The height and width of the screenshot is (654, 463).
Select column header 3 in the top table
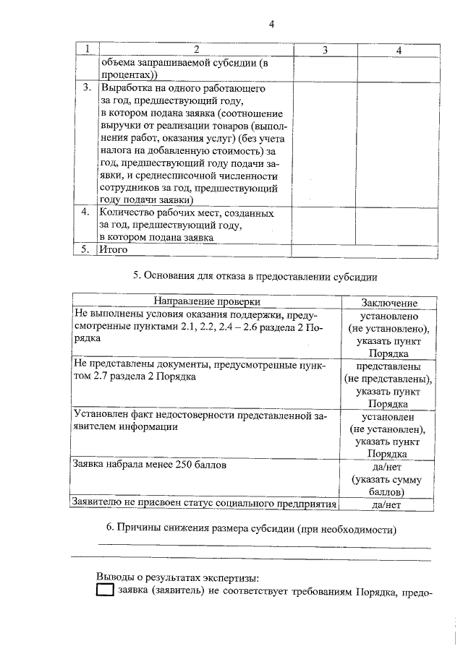[325, 49]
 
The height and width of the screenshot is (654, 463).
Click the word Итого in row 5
[114, 249]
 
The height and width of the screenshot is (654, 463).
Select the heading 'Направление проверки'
[206, 301]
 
